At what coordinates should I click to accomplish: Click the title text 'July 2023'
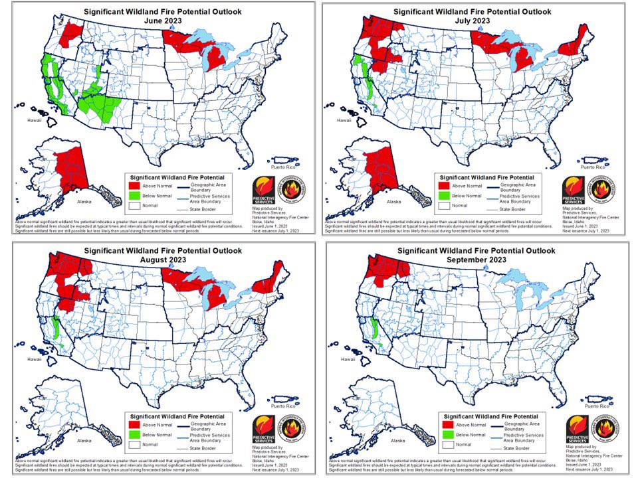tap(472, 21)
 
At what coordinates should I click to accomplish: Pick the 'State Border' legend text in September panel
tap(518, 448)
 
